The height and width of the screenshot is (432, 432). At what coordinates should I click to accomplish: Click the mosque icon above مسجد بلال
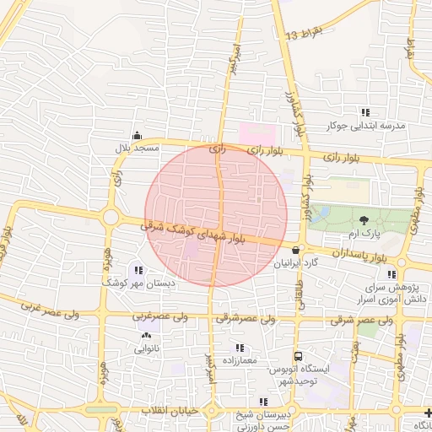coord(137,135)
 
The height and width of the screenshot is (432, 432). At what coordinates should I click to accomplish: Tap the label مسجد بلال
coord(138,148)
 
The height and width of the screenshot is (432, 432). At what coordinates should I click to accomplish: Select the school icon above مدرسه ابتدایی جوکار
coord(364,112)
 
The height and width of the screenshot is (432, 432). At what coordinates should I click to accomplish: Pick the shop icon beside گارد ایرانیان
coord(294,250)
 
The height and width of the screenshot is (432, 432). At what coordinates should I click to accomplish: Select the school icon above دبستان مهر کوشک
coord(138,270)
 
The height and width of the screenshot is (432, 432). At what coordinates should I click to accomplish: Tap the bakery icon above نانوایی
coord(145,335)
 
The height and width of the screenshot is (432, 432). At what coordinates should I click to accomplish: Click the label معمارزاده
coord(240,361)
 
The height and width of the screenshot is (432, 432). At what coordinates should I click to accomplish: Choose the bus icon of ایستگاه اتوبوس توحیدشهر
coord(297,356)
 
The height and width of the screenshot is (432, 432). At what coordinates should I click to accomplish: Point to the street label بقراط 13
coord(304,35)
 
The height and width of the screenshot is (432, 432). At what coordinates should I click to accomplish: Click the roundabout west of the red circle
coord(111,218)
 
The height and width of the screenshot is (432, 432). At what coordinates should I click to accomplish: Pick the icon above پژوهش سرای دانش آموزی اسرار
coord(390,274)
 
